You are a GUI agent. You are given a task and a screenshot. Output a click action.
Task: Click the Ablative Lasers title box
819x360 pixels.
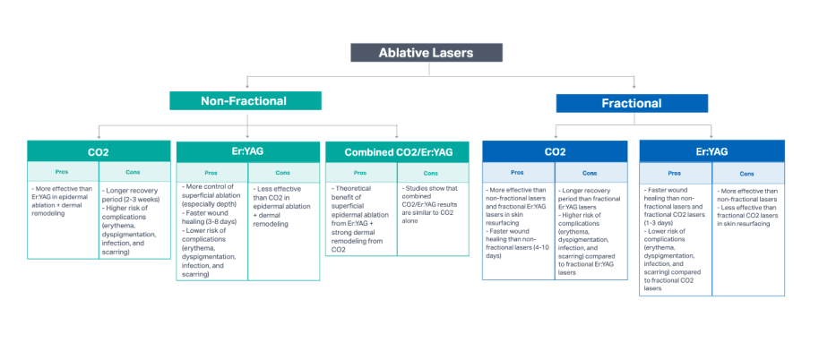point(425,53)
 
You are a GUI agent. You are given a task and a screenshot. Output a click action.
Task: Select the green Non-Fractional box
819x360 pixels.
point(245,101)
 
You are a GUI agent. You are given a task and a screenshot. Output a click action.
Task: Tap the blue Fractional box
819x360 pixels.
point(631,104)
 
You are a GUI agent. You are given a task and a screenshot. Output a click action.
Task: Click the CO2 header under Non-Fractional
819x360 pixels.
point(99,152)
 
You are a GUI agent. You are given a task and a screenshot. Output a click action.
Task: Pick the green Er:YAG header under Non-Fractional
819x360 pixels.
point(247,152)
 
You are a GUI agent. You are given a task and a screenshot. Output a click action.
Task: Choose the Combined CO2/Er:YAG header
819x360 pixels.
point(397,152)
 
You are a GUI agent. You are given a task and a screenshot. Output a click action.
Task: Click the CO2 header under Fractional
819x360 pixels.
point(555,152)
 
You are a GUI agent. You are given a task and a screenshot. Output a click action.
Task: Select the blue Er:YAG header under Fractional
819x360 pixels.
point(711,152)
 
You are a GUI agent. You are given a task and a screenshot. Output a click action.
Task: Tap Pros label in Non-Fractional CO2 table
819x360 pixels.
point(63,171)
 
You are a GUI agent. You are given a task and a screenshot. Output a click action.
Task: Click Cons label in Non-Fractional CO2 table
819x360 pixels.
point(134,171)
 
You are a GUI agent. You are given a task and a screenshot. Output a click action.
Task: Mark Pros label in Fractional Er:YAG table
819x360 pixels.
point(676,173)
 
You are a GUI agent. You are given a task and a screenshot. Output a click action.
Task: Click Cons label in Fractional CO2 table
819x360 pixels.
point(589,173)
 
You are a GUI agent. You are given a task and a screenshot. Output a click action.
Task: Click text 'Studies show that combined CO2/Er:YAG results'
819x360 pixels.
point(433,200)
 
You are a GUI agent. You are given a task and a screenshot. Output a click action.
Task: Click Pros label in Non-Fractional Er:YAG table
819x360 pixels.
point(211,172)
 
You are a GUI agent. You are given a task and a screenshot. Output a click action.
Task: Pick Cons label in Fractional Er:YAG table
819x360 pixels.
point(747,173)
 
